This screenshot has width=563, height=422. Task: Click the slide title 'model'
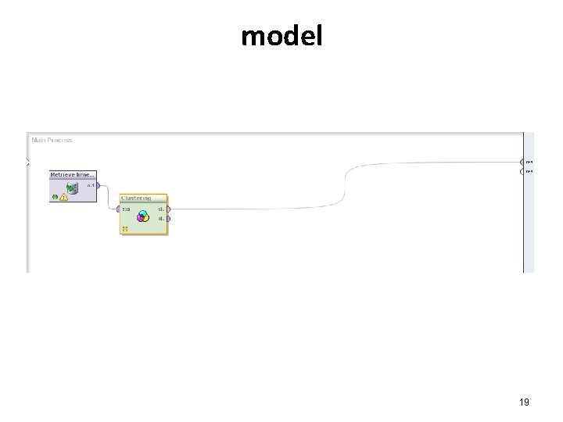(x=281, y=36)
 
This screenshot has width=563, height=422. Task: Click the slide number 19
(x=524, y=402)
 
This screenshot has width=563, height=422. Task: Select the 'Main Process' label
(x=52, y=140)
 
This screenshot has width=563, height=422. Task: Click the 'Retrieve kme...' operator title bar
(x=73, y=174)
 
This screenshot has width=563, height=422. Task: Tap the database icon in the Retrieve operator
(x=73, y=188)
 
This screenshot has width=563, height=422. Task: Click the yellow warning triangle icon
(x=63, y=198)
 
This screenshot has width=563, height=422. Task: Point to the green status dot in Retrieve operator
(x=55, y=198)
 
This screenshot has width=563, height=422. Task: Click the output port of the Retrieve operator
(x=98, y=185)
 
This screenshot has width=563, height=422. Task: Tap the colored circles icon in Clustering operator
(x=143, y=217)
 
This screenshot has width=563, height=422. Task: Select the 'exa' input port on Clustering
(x=118, y=209)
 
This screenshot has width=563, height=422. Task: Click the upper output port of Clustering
(x=169, y=209)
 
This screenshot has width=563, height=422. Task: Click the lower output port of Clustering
(x=169, y=219)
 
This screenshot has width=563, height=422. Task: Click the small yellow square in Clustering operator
(x=125, y=229)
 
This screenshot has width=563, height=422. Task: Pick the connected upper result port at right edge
(x=522, y=162)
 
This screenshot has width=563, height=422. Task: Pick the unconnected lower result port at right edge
(x=522, y=170)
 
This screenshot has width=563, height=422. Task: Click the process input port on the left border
(x=27, y=163)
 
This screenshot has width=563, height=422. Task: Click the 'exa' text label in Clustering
(x=127, y=209)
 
